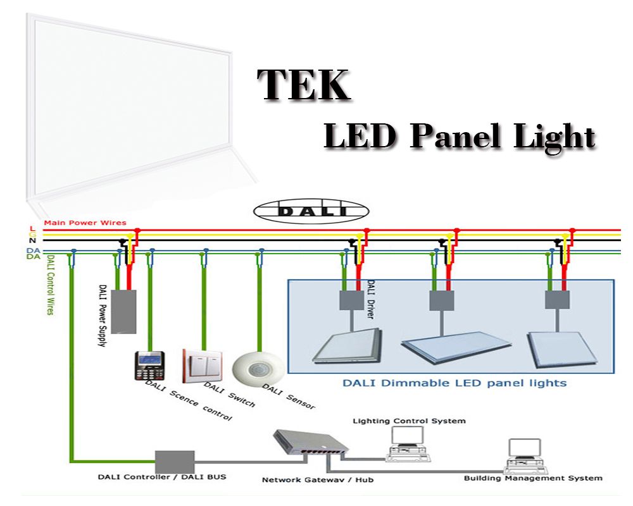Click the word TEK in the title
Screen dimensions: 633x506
(x=304, y=85)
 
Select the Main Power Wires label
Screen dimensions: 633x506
(x=85, y=223)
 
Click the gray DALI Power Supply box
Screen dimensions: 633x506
(x=123, y=312)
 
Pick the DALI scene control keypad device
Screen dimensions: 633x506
(x=150, y=366)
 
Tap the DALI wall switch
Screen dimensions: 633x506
(x=203, y=366)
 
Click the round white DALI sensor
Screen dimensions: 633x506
(x=258, y=369)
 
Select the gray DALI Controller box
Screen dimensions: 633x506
(x=175, y=462)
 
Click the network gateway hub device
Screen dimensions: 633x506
(x=311, y=444)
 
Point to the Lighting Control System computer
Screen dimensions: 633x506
(x=408, y=444)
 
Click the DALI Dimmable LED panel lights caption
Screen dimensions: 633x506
(x=454, y=383)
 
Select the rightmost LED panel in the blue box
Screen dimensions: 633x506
(x=562, y=349)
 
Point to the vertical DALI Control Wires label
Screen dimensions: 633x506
(x=50, y=285)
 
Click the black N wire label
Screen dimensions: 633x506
(x=33, y=240)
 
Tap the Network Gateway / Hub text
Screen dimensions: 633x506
(x=318, y=480)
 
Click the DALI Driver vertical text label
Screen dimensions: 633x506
(x=370, y=299)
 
